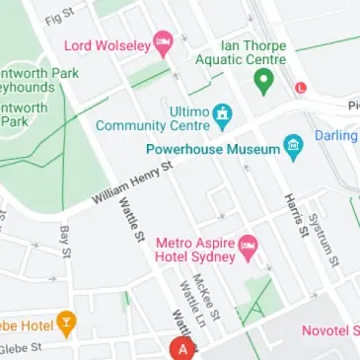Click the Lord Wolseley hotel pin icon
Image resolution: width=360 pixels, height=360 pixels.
[x=162, y=42]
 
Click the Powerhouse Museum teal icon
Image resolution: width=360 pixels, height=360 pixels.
[x=292, y=147]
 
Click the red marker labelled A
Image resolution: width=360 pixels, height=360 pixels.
[x=180, y=348]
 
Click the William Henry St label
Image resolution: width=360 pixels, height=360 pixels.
[x=132, y=183]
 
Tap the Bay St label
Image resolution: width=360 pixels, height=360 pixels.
[x=65, y=241]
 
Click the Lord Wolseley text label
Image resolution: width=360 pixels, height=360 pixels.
[x=108, y=44]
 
